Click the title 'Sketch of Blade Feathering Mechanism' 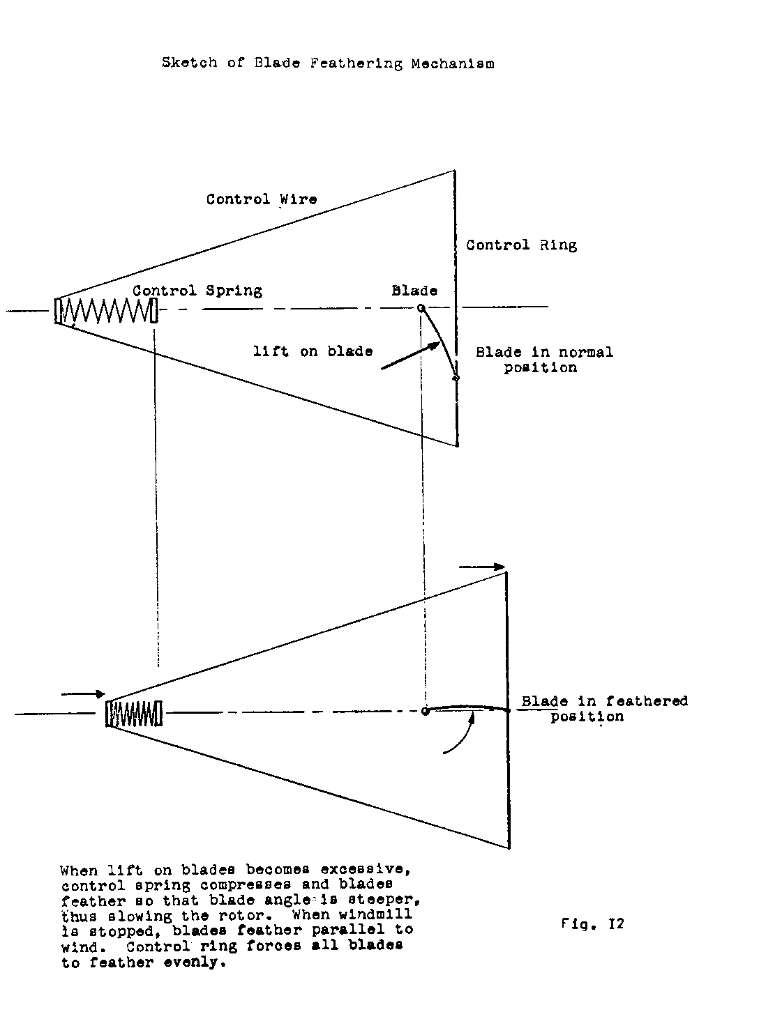coord(328,63)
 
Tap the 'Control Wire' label coord(262,199)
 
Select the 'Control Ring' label coord(521,245)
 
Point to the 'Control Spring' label coord(197,291)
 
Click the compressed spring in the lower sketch coord(135,714)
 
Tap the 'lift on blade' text coord(313,351)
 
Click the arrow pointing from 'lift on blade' coord(410,355)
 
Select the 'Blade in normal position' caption coord(544,360)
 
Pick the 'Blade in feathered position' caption coord(604,708)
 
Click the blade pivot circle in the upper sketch coord(421,308)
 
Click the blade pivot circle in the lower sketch coord(425,712)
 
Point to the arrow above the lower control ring coord(481,567)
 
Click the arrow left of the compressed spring coord(83,694)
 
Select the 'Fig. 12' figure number coord(592,924)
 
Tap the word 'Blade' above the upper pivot coord(414,291)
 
